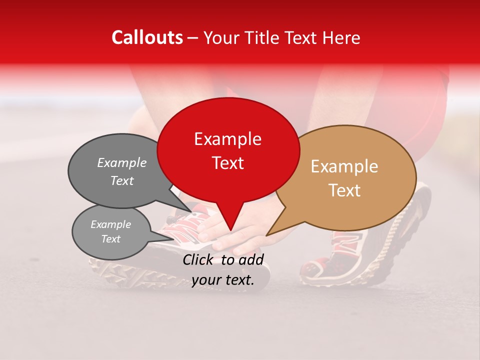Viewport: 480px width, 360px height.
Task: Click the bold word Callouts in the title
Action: tap(147, 37)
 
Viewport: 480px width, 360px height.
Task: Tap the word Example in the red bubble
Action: tap(227, 139)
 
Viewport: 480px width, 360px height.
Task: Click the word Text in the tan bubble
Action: tap(344, 190)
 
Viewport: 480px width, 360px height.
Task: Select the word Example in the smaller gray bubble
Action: tap(110, 224)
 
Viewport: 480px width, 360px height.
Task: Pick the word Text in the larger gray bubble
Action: tap(122, 181)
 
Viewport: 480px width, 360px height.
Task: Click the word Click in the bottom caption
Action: tap(198, 259)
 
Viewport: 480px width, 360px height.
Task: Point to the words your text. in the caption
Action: tap(223, 280)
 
